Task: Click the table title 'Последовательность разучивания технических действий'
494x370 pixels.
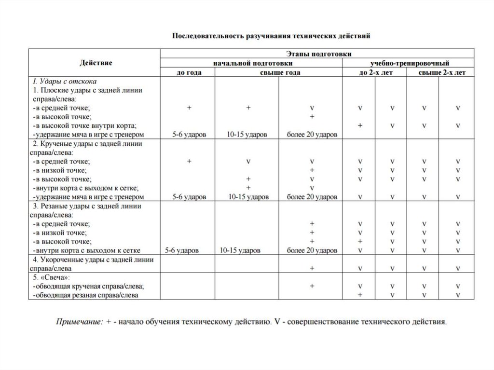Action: tap(272, 36)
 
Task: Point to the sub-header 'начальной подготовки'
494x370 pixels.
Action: tap(251, 63)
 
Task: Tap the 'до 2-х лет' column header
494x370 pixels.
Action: tap(374, 72)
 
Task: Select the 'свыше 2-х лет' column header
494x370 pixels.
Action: tap(439, 72)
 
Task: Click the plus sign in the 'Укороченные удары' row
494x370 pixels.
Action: tap(312, 268)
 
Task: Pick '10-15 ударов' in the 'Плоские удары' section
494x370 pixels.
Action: tap(247, 135)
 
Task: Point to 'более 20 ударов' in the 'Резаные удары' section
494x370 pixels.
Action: tap(312, 250)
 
